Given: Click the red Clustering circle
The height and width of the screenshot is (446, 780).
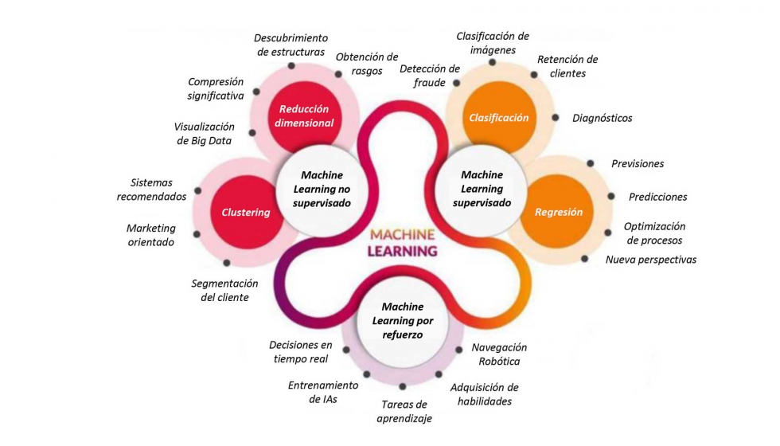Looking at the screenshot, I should coord(246,212).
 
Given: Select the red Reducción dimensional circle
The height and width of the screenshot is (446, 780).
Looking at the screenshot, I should coord(304,116).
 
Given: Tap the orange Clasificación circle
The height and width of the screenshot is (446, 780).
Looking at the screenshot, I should coord(498,117).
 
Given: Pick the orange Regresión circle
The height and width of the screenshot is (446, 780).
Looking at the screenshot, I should coord(558,212).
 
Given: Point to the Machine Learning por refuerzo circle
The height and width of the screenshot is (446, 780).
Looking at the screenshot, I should coord(402,320).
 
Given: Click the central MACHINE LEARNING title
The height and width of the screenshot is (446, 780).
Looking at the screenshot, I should coord(402,242).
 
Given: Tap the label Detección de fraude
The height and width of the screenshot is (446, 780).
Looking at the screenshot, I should coord(430,75).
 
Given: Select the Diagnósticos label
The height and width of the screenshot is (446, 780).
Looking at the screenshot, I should coord(602,118).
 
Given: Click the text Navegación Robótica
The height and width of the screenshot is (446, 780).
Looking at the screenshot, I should coord(499,354).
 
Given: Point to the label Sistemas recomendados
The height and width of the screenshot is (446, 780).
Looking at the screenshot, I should coord(151,190).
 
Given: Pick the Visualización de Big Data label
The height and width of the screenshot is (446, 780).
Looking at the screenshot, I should coord(204,133).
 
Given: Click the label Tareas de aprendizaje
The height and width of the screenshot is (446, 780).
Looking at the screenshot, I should coord(404,411).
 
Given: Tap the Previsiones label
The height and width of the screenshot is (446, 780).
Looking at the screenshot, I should coord(638,163).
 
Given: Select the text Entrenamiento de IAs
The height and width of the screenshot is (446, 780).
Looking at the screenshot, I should coord(322,392).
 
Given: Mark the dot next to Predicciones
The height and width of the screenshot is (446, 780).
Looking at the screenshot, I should coord(610,196).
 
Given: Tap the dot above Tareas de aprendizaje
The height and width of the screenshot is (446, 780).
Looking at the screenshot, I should coord(403,386).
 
